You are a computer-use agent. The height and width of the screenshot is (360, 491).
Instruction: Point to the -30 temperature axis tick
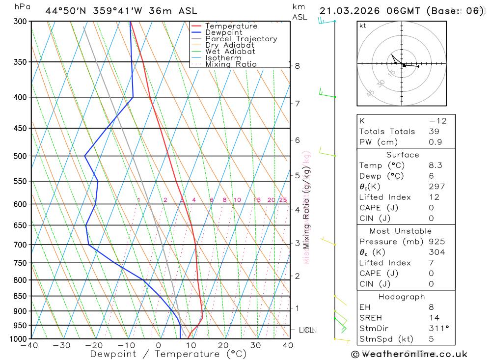pyautogui.click(x=61, y=345)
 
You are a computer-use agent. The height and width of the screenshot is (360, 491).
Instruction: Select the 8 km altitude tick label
pyautogui.click(x=298, y=66)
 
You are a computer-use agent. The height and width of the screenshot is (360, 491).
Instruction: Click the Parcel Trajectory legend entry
pyautogui.click(x=241, y=39)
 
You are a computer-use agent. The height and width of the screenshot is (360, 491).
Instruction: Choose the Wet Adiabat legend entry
pyautogui.click(x=230, y=52)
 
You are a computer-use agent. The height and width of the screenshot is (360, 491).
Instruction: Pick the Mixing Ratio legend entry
pyautogui.click(x=231, y=64)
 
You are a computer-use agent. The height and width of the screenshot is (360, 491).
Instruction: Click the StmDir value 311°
pyautogui.click(x=436, y=329)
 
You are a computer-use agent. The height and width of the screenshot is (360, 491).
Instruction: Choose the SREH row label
pyautogui.click(x=371, y=318)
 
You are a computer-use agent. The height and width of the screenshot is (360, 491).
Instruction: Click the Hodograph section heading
pyautogui.click(x=402, y=297)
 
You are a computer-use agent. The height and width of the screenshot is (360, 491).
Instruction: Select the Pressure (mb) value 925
pyautogui.click(x=436, y=242)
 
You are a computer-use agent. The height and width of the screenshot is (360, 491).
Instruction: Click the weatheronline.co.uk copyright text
pyautogui.click(x=409, y=354)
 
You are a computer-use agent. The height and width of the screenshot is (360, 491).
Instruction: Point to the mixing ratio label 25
pyautogui.click(x=283, y=200)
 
